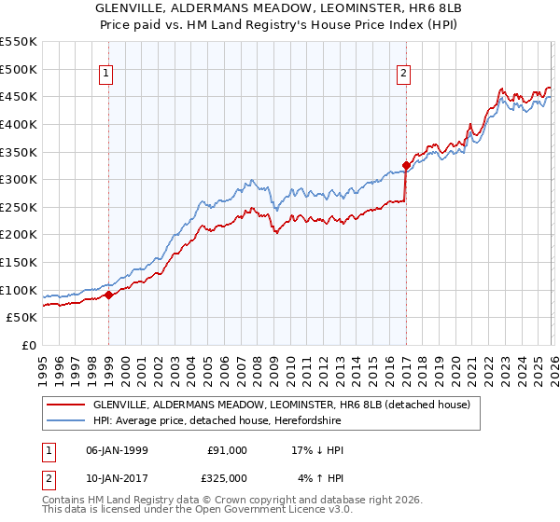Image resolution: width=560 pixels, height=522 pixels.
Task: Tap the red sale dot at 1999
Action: pos(108,295)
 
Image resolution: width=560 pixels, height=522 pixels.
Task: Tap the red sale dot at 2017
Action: pos(406,166)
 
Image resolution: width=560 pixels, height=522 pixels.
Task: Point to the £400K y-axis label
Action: pos(19,124)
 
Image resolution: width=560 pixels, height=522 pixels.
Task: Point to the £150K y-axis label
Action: pos(19,262)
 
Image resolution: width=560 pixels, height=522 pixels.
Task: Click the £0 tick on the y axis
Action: pos(29,345)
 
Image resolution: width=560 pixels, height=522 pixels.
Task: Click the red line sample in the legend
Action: pos(65,405)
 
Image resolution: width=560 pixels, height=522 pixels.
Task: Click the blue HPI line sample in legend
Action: pos(65,420)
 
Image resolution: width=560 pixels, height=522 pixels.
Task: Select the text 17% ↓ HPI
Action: pos(317,450)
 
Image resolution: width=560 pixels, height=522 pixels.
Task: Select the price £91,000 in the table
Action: pos(227,450)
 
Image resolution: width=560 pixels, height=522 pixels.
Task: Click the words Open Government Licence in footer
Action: pos(270,511)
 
